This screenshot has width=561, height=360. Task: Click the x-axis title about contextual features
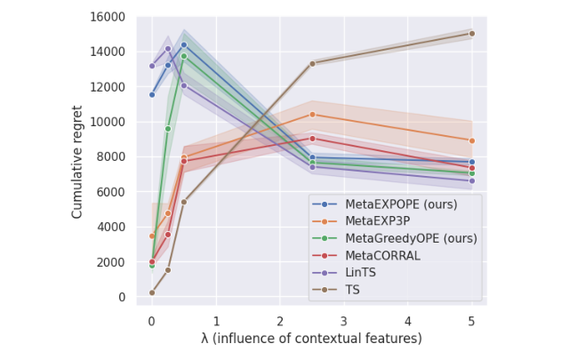pyautogui.click(x=311, y=339)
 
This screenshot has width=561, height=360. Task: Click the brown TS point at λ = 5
pyautogui.click(x=472, y=34)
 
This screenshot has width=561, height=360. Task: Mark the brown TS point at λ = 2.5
pyautogui.click(x=312, y=63)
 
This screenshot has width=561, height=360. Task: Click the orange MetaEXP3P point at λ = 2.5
pyautogui.click(x=312, y=115)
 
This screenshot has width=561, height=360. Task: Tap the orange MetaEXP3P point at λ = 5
pyautogui.click(x=472, y=140)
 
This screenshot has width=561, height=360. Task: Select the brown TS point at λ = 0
pyautogui.click(x=152, y=292)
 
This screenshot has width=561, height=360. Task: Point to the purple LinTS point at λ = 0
pyautogui.click(x=152, y=66)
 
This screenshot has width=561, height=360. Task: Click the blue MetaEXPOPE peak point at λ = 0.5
pyautogui.click(x=184, y=44)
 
